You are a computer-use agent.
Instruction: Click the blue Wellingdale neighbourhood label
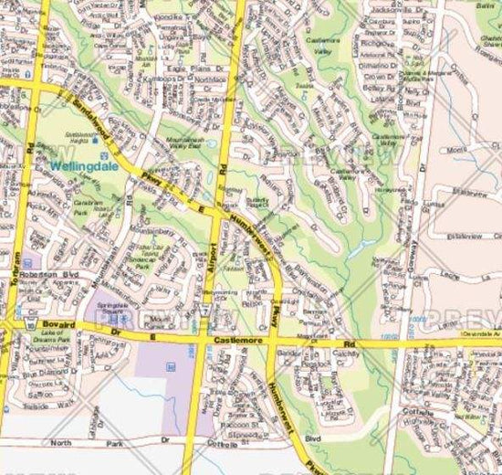[79, 166]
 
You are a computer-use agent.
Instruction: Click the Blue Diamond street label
[42, 373]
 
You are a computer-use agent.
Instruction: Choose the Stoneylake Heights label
[81, 136]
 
